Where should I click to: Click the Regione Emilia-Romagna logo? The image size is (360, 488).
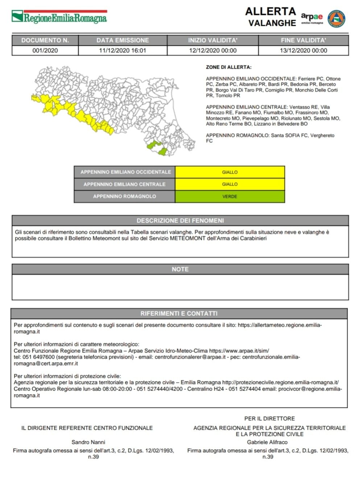pyautogui.click(x=59, y=17)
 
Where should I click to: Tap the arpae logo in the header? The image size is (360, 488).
pyautogui.click(x=311, y=18)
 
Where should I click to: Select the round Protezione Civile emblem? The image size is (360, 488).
pyautogui.click(x=336, y=18)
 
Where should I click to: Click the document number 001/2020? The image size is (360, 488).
pyautogui.click(x=45, y=50)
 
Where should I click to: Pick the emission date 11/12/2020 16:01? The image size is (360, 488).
pyautogui.click(x=123, y=50)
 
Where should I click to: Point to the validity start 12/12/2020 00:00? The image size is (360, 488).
pyautogui.click(x=213, y=50)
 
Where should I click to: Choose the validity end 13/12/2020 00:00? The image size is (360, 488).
pyautogui.click(x=303, y=50)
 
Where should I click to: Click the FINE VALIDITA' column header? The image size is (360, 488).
pyautogui.click(x=303, y=40)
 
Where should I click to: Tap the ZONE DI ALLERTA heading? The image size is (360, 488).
pyautogui.click(x=228, y=67)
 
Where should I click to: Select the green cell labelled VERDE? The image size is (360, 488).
pyautogui.click(x=230, y=197)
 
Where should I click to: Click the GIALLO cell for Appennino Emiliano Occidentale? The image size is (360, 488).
pyautogui.click(x=230, y=172)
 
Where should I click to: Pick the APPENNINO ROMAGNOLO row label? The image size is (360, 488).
pyautogui.click(x=124, y=197)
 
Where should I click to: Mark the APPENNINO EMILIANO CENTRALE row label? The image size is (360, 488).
pyautogui.click(x=124, y=184)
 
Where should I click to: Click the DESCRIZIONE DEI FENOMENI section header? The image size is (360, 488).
pyautogui.click(x=180, y=220)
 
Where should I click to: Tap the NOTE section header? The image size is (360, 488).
pyautogui.click(x=180, y=269)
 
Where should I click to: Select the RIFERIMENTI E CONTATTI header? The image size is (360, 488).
pyautogui.click(x=179, y=313)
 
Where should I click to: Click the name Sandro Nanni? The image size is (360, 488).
pyautogui.click(x=88, y=442)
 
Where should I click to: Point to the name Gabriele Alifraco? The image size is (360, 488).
pyautogui.click(x=267, y=442)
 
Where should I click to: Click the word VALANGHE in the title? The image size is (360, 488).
pyautogui.click(x=272, y=23)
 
